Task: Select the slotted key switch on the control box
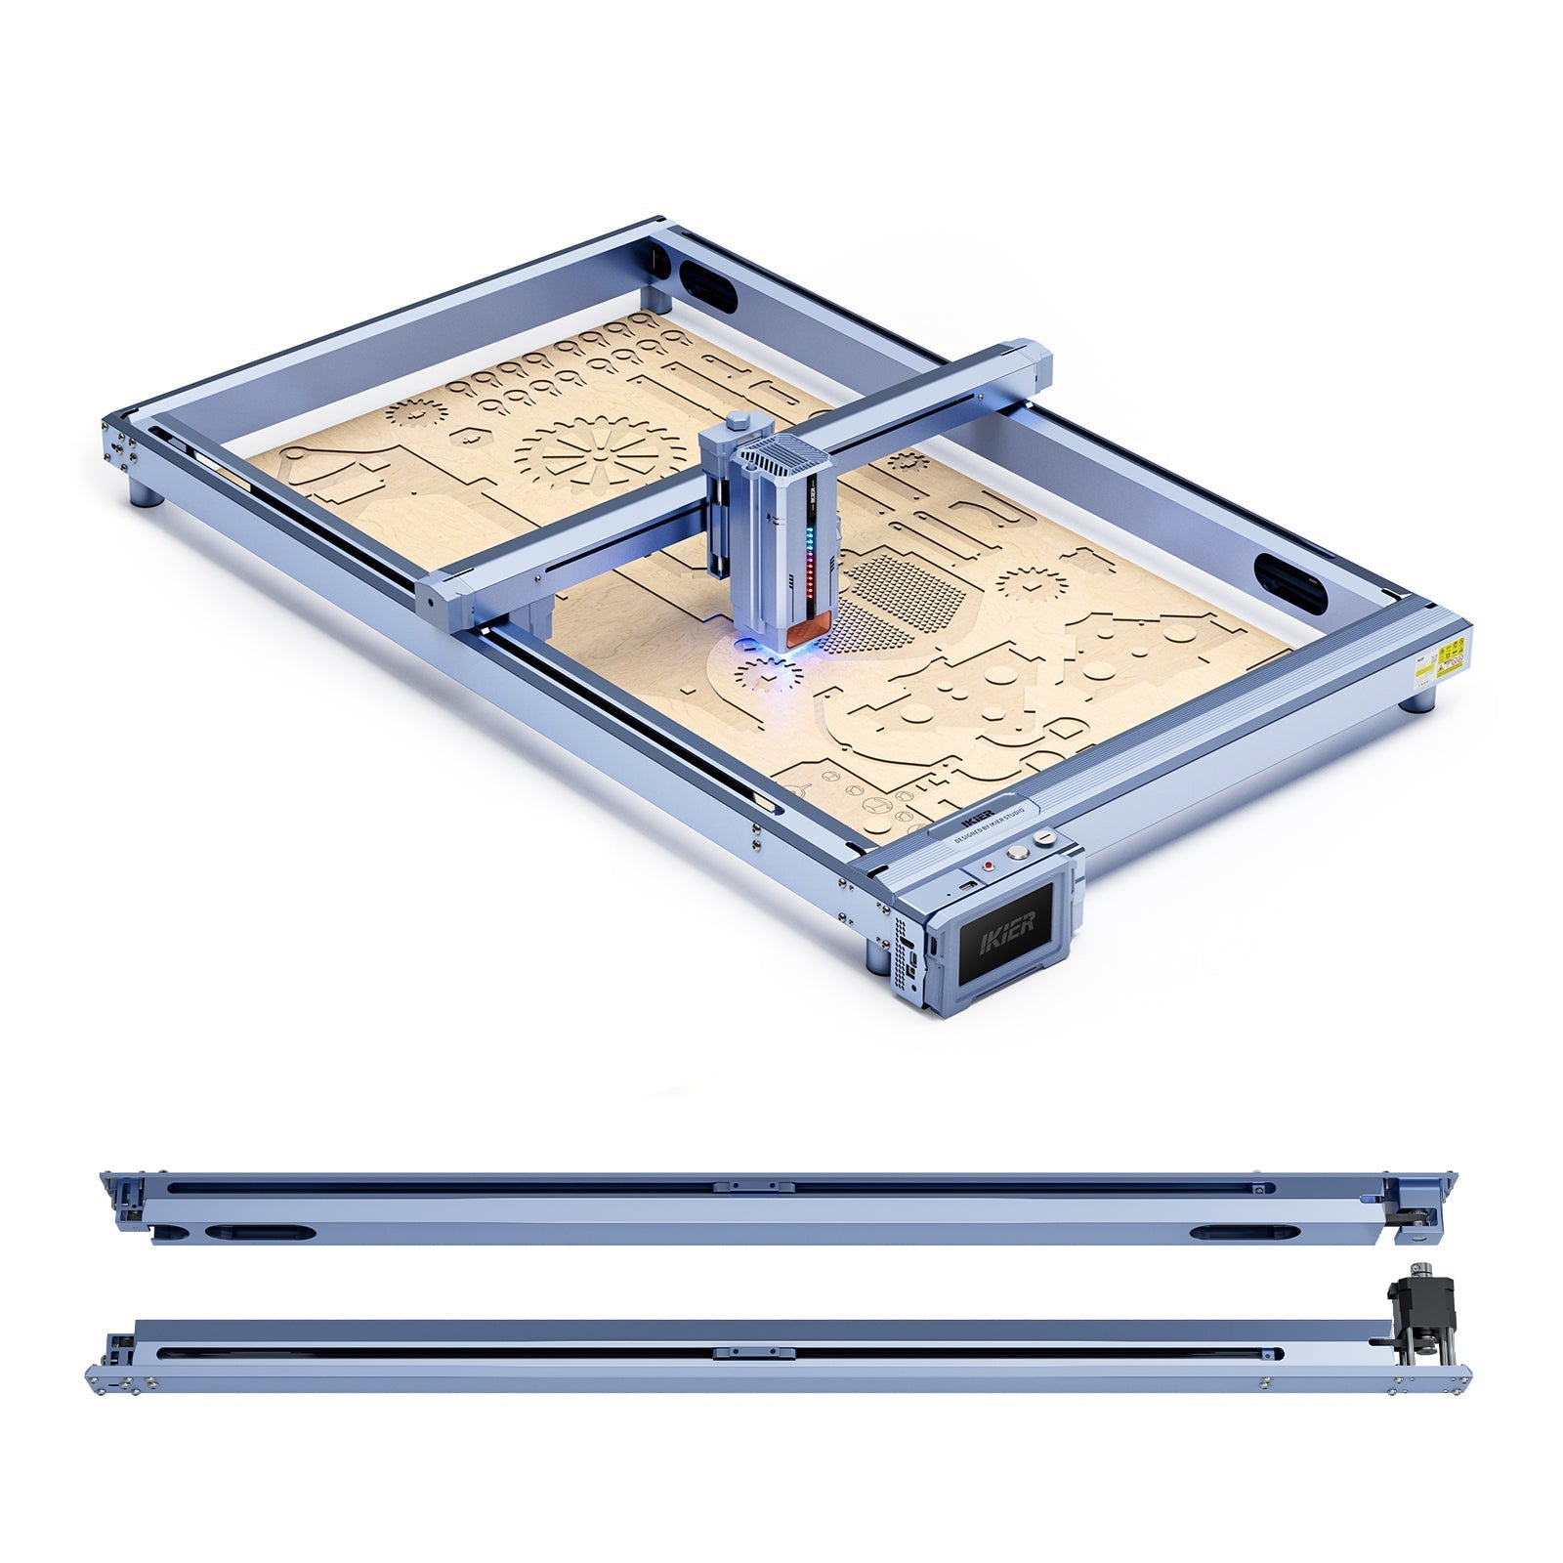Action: click(x=1046, y=837)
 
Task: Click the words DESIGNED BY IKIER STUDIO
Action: click(x=989, y=825)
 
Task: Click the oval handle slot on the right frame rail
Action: click(x=1289, y=583)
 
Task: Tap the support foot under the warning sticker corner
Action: click(x=1419, y=700)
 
